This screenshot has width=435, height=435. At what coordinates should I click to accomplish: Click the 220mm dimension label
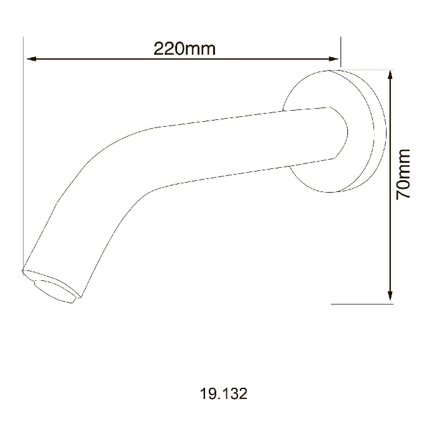(x=185, y=48)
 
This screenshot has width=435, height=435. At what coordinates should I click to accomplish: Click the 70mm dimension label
(x=403, y=174)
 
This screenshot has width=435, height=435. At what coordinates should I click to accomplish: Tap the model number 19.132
(x=224, y=393)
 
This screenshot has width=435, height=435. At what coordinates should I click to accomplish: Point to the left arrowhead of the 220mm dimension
(x=31, y=59)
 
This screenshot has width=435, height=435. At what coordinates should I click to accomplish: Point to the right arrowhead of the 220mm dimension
(x=334, y=59)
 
